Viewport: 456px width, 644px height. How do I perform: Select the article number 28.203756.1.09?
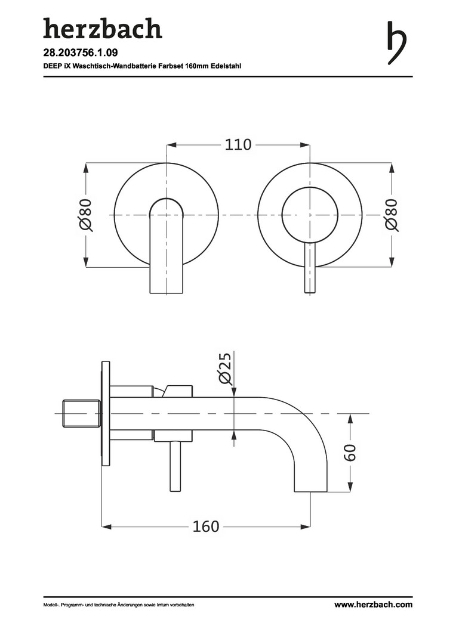[x=85, y=53]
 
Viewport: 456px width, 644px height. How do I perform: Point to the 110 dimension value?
[x=238, y=145]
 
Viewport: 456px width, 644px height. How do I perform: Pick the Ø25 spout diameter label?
[x=225, y=368]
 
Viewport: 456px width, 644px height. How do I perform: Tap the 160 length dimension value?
[x=206, y=527]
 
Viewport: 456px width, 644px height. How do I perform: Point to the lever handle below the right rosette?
[x=310, y=268]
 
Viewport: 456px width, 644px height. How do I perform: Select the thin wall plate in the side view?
[x=106, y=413]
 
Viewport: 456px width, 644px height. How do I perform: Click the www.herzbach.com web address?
[x=373, y=605]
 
